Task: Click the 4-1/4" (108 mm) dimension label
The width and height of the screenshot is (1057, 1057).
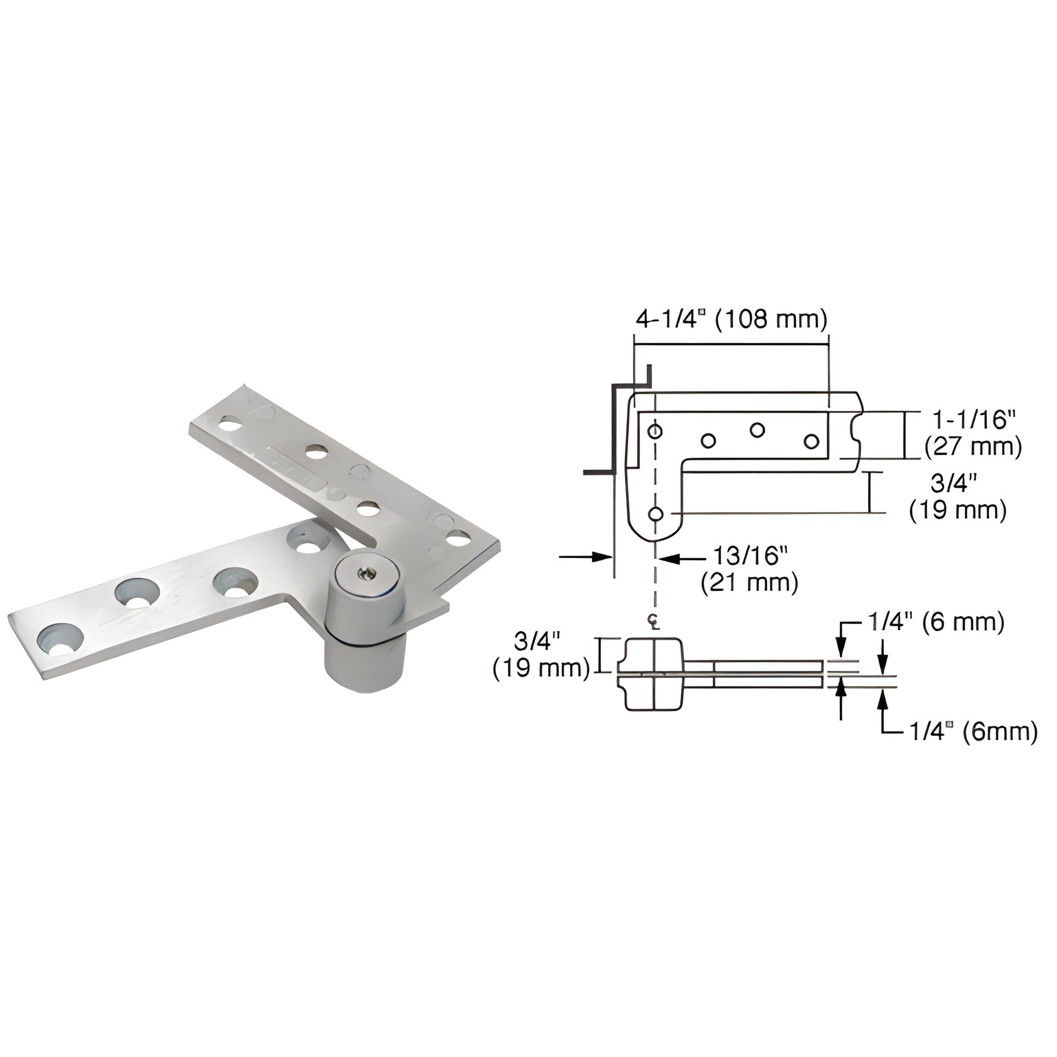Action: pyautogui.click(x=731, y=319)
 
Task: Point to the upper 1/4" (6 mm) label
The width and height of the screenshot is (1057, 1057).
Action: pyautogui.click(x=935, y=623)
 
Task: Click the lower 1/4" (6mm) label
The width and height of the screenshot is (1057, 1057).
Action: pyautogui.click(x=973, y=732)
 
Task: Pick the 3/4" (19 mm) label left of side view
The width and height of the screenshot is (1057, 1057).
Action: pyautogui.click(x=541, y=656)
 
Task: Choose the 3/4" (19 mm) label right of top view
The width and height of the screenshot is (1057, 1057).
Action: pyautogui.click(x=958, y=498)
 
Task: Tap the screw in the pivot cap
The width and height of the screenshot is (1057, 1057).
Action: pyautogui.click(x=364, y=574)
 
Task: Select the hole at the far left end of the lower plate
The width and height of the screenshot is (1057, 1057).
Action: pyautogui.click(x=60, y=639)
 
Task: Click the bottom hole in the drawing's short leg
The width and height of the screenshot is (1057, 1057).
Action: pyautogui.click(x=656, y=514)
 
